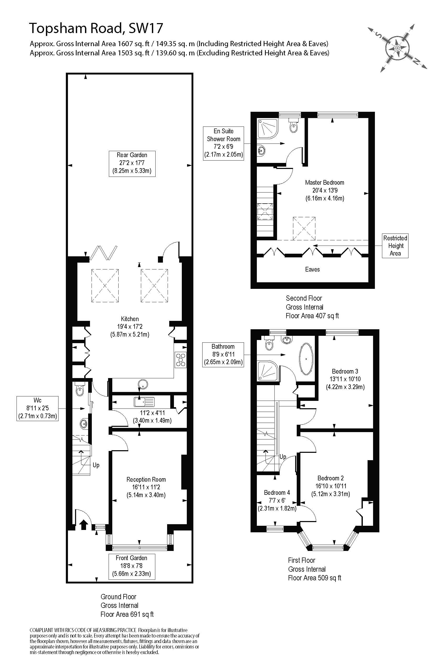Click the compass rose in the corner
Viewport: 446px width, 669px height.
pos(398,47)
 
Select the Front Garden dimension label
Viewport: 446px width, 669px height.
pos(132,566)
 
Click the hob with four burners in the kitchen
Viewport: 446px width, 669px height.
pos(180,359)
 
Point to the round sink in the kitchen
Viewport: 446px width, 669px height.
pos(142,384)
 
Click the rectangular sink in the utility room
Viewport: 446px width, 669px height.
pos(144,402)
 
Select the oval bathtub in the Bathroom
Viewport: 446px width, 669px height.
pos(306,359)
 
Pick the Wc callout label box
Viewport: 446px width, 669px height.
pos(38,408)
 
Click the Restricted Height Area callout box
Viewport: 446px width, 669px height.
pos(395,246)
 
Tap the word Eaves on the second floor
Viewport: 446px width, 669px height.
pos(312,269)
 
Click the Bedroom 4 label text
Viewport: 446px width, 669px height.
pos(277,492)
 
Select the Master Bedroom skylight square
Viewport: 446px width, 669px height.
pos(304,229)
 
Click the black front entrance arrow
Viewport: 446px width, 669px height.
pos(83,524)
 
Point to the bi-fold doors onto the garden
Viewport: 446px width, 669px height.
pos(104,253)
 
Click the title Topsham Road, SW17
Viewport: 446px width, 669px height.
pos(96,28)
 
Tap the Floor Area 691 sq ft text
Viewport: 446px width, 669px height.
pos(127,614)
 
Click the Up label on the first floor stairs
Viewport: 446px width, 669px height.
pos(283,456)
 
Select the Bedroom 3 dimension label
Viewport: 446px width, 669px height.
pos(345,379)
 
